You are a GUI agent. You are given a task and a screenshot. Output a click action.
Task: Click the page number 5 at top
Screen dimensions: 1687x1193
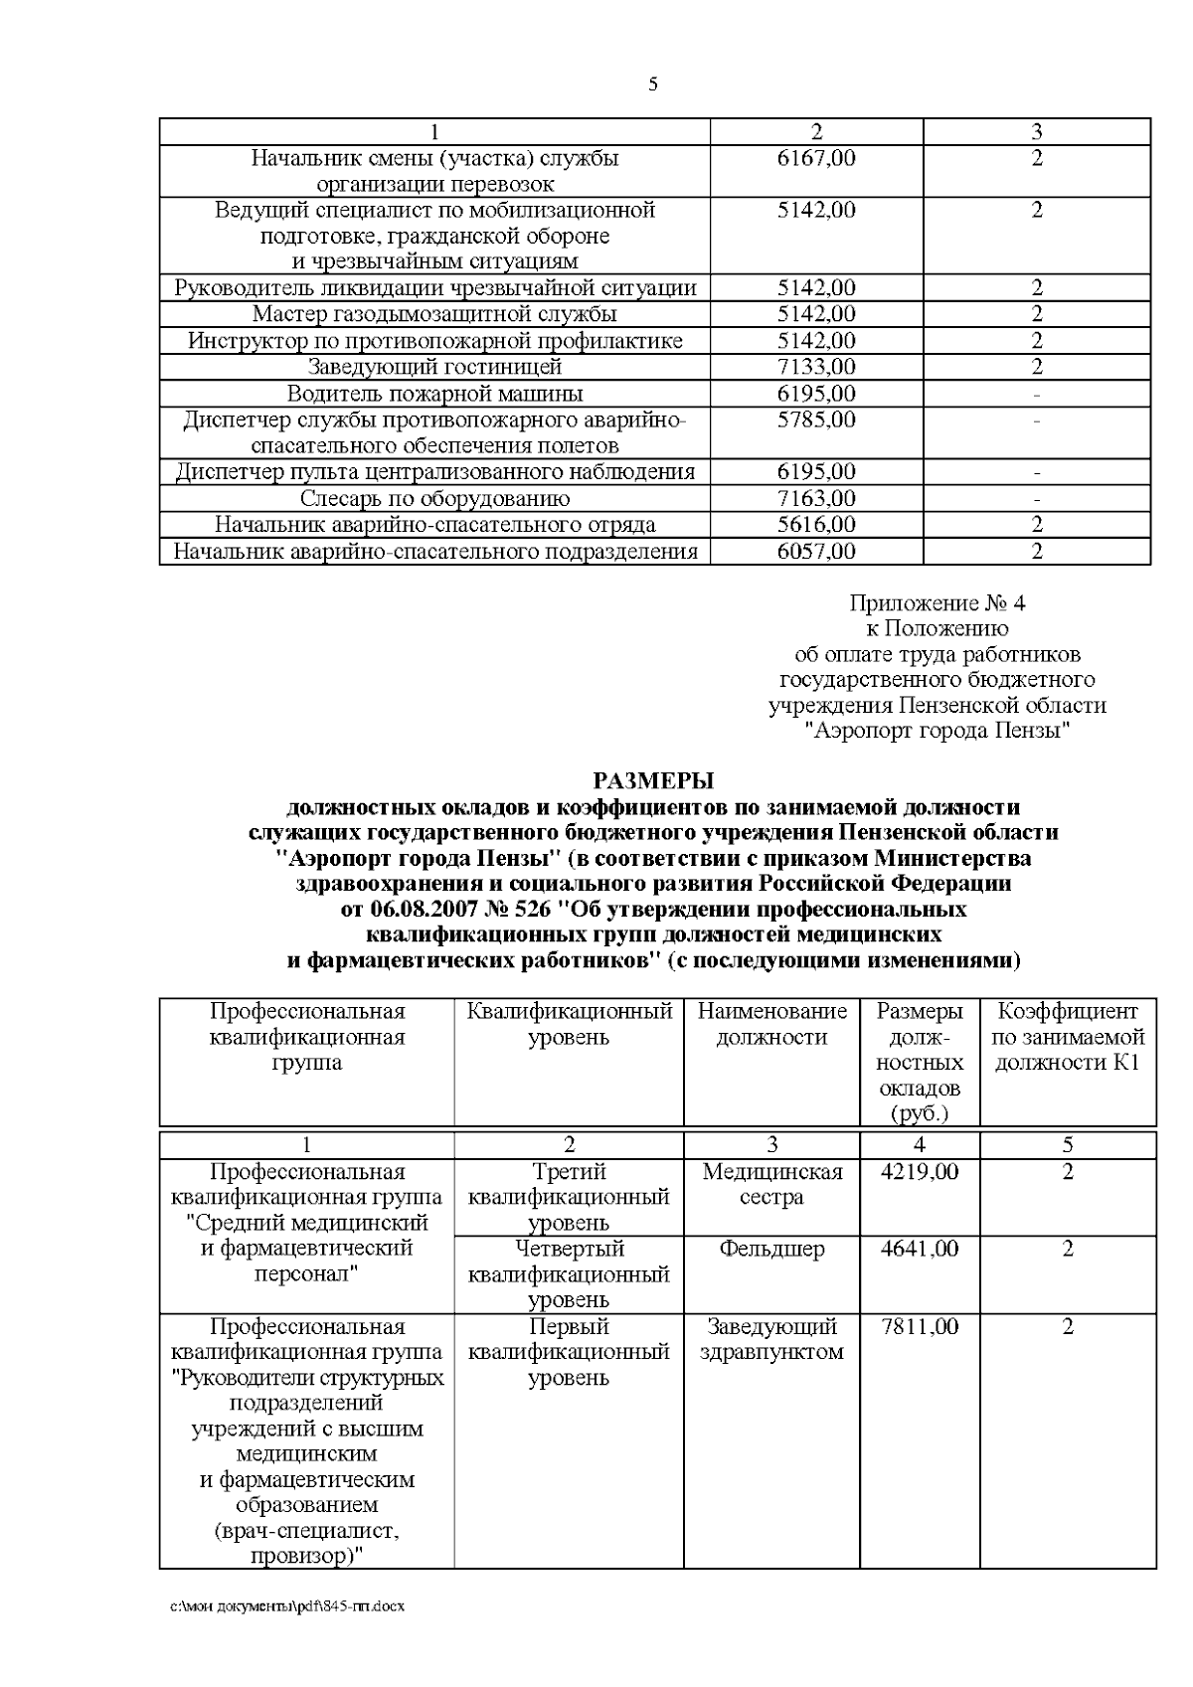pos(653,84)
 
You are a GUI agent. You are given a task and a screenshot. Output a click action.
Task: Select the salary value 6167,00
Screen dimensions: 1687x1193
pos(816,158)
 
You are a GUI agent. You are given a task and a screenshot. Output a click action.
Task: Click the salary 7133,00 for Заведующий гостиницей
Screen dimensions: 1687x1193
pos(816,367)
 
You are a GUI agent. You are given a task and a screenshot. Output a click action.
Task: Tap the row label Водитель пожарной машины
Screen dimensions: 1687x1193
pos(434,394)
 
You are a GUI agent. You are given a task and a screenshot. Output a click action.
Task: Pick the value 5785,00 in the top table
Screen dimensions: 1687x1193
pos(816,420)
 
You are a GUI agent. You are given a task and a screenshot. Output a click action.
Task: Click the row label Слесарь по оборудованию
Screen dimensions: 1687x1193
pos(434,498)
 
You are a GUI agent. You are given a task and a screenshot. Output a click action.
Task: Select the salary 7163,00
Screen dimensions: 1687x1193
pos(816,498)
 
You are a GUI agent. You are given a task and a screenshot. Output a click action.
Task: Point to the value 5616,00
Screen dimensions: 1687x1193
pos(816,524)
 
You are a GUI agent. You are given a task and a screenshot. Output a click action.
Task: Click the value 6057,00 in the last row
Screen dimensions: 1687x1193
pos(816,551)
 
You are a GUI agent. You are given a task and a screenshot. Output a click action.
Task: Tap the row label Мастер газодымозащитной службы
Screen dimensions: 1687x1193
pos(434,314)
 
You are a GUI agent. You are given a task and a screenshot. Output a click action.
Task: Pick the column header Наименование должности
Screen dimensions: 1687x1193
pos(772,1024)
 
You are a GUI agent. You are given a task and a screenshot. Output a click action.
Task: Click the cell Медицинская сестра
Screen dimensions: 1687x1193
pos(772,1184)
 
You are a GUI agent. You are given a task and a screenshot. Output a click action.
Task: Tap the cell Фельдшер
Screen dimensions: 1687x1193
pos(772,1249)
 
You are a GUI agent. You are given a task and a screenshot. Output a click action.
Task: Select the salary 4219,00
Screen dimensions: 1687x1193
pos(920,1172)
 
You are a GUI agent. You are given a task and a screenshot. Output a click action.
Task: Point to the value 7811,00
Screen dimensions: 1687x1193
pos(920,1326)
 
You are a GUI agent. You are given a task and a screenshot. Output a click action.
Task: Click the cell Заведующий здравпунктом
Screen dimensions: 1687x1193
pos(772,1339)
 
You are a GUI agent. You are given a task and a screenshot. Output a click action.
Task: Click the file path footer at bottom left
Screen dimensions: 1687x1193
pos(287,1633)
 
